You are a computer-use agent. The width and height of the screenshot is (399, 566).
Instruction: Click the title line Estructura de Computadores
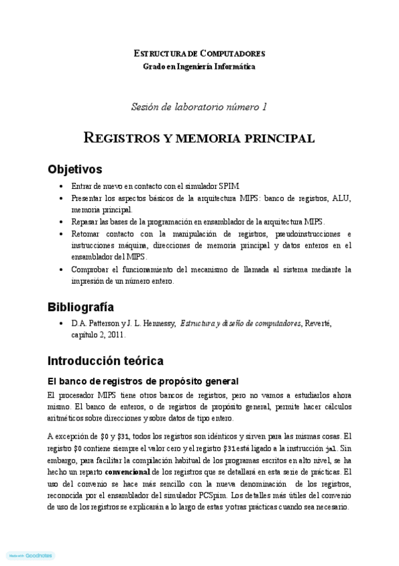click(x=199, y=53)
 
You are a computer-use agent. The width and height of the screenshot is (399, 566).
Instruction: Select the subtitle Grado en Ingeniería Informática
click(x=199, y=66)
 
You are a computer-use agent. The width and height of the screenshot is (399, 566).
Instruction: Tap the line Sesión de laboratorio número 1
click(x=199, y=106)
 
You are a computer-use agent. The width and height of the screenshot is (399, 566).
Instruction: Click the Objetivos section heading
click(x=75, y=169)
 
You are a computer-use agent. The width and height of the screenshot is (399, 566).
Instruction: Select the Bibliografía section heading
click(x=81, y=307)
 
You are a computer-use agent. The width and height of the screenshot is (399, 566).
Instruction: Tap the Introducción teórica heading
click(x=105, y=361)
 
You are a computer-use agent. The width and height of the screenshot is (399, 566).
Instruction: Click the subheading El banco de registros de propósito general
click(x=143, y=381)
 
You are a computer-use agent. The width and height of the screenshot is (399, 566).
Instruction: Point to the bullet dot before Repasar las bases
click(x=61, y=222)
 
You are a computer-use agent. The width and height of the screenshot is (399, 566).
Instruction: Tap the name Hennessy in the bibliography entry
click(x=156, y=324)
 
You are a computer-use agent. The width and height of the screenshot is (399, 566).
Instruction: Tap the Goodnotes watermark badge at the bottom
click(x=30, y=555)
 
